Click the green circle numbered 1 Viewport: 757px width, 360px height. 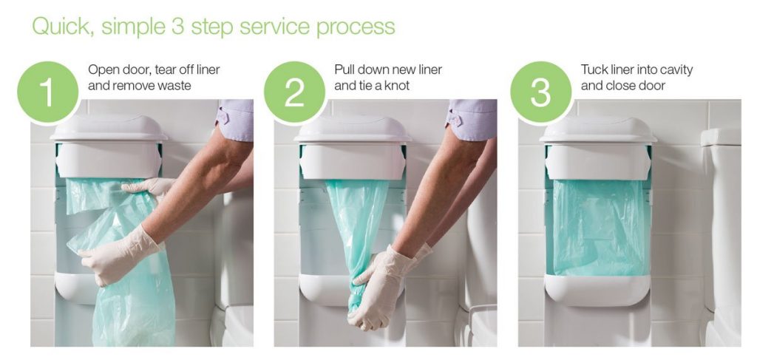[x=47, y=93]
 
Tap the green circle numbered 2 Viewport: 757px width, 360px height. [x=294, y=93]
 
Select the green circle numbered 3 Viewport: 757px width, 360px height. [x=540, y=93]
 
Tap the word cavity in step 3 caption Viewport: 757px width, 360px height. [x=674, y=70]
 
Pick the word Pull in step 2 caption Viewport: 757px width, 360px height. [x=344, y=70]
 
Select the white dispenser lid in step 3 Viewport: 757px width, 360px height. [x=597, y=129]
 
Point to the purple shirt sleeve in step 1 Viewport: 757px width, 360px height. [x=237, y=118]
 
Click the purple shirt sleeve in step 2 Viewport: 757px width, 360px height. [x=473, y=118]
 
